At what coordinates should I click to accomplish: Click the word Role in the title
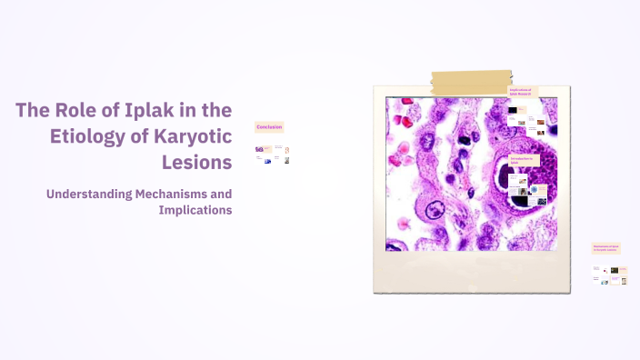click(x=77, y=110)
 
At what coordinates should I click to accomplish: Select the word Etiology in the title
click(x=91, y=136)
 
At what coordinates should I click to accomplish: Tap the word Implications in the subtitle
click(x=195, y=210)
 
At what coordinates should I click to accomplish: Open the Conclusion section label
click(x=270, y=127)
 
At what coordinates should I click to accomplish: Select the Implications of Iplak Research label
click(x=522, y=91)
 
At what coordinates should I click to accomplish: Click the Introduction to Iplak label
click(x=523, y=160)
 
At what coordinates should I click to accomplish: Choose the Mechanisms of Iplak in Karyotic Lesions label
click(x=605, y=247)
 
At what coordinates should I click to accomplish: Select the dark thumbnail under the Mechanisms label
click(x=615, y=270)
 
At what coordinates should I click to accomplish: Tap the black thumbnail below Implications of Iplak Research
click(x=513, y=111)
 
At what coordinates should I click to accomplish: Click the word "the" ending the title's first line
click(x=218, y=110)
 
